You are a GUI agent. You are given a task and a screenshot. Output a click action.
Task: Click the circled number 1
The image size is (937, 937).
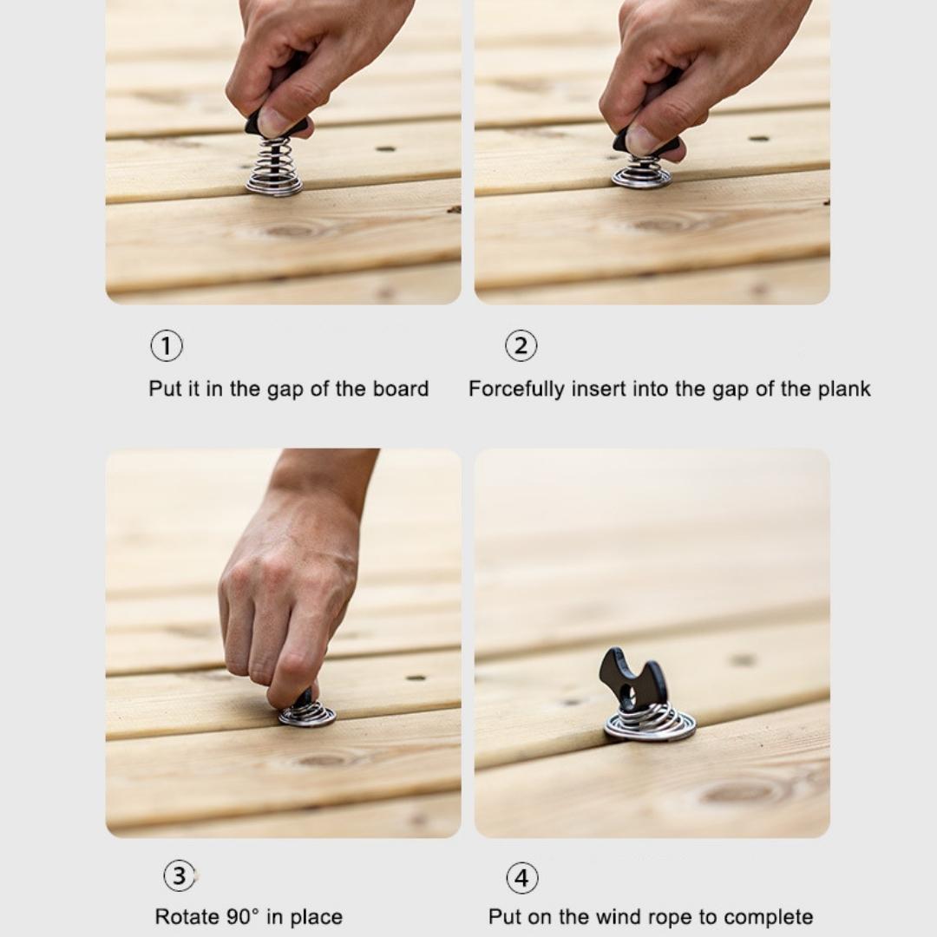click(x=167, y=346)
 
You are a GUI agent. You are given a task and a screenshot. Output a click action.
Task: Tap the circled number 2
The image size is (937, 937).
click(x=521, y=346)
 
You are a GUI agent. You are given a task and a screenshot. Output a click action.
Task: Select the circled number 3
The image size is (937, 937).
click(x=179, y=875)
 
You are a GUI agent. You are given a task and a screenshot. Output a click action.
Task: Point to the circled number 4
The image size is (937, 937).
click(x=521, y=878)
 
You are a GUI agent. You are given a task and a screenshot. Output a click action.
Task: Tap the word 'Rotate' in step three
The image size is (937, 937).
click(x=186, y=917)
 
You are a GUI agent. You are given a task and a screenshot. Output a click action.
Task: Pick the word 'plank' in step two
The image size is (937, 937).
click(x=843, y=389)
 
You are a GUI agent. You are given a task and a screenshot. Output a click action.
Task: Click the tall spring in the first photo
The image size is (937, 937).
click(x=274, y=167)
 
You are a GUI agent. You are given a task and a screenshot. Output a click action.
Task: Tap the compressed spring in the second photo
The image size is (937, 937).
click(x=641, y=173)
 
